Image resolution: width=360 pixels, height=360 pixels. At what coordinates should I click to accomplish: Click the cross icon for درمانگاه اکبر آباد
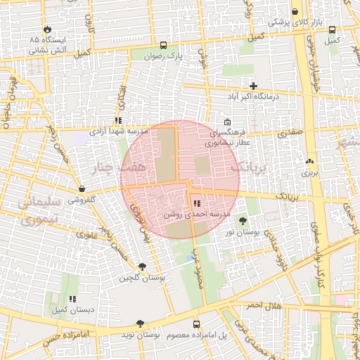tap(253, 86)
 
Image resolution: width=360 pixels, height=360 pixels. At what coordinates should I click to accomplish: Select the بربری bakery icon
tap(310, 162)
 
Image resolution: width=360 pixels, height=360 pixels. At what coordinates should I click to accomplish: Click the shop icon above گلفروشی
tap(83, 189)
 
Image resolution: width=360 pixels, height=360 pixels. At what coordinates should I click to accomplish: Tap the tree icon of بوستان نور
tap(243, 221)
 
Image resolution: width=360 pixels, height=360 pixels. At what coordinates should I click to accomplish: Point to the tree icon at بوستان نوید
tap(140, 324)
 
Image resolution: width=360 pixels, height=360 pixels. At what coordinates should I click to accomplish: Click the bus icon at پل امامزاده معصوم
tap(196, 324)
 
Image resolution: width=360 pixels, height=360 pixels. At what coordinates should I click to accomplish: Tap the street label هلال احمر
tap(264, 307)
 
